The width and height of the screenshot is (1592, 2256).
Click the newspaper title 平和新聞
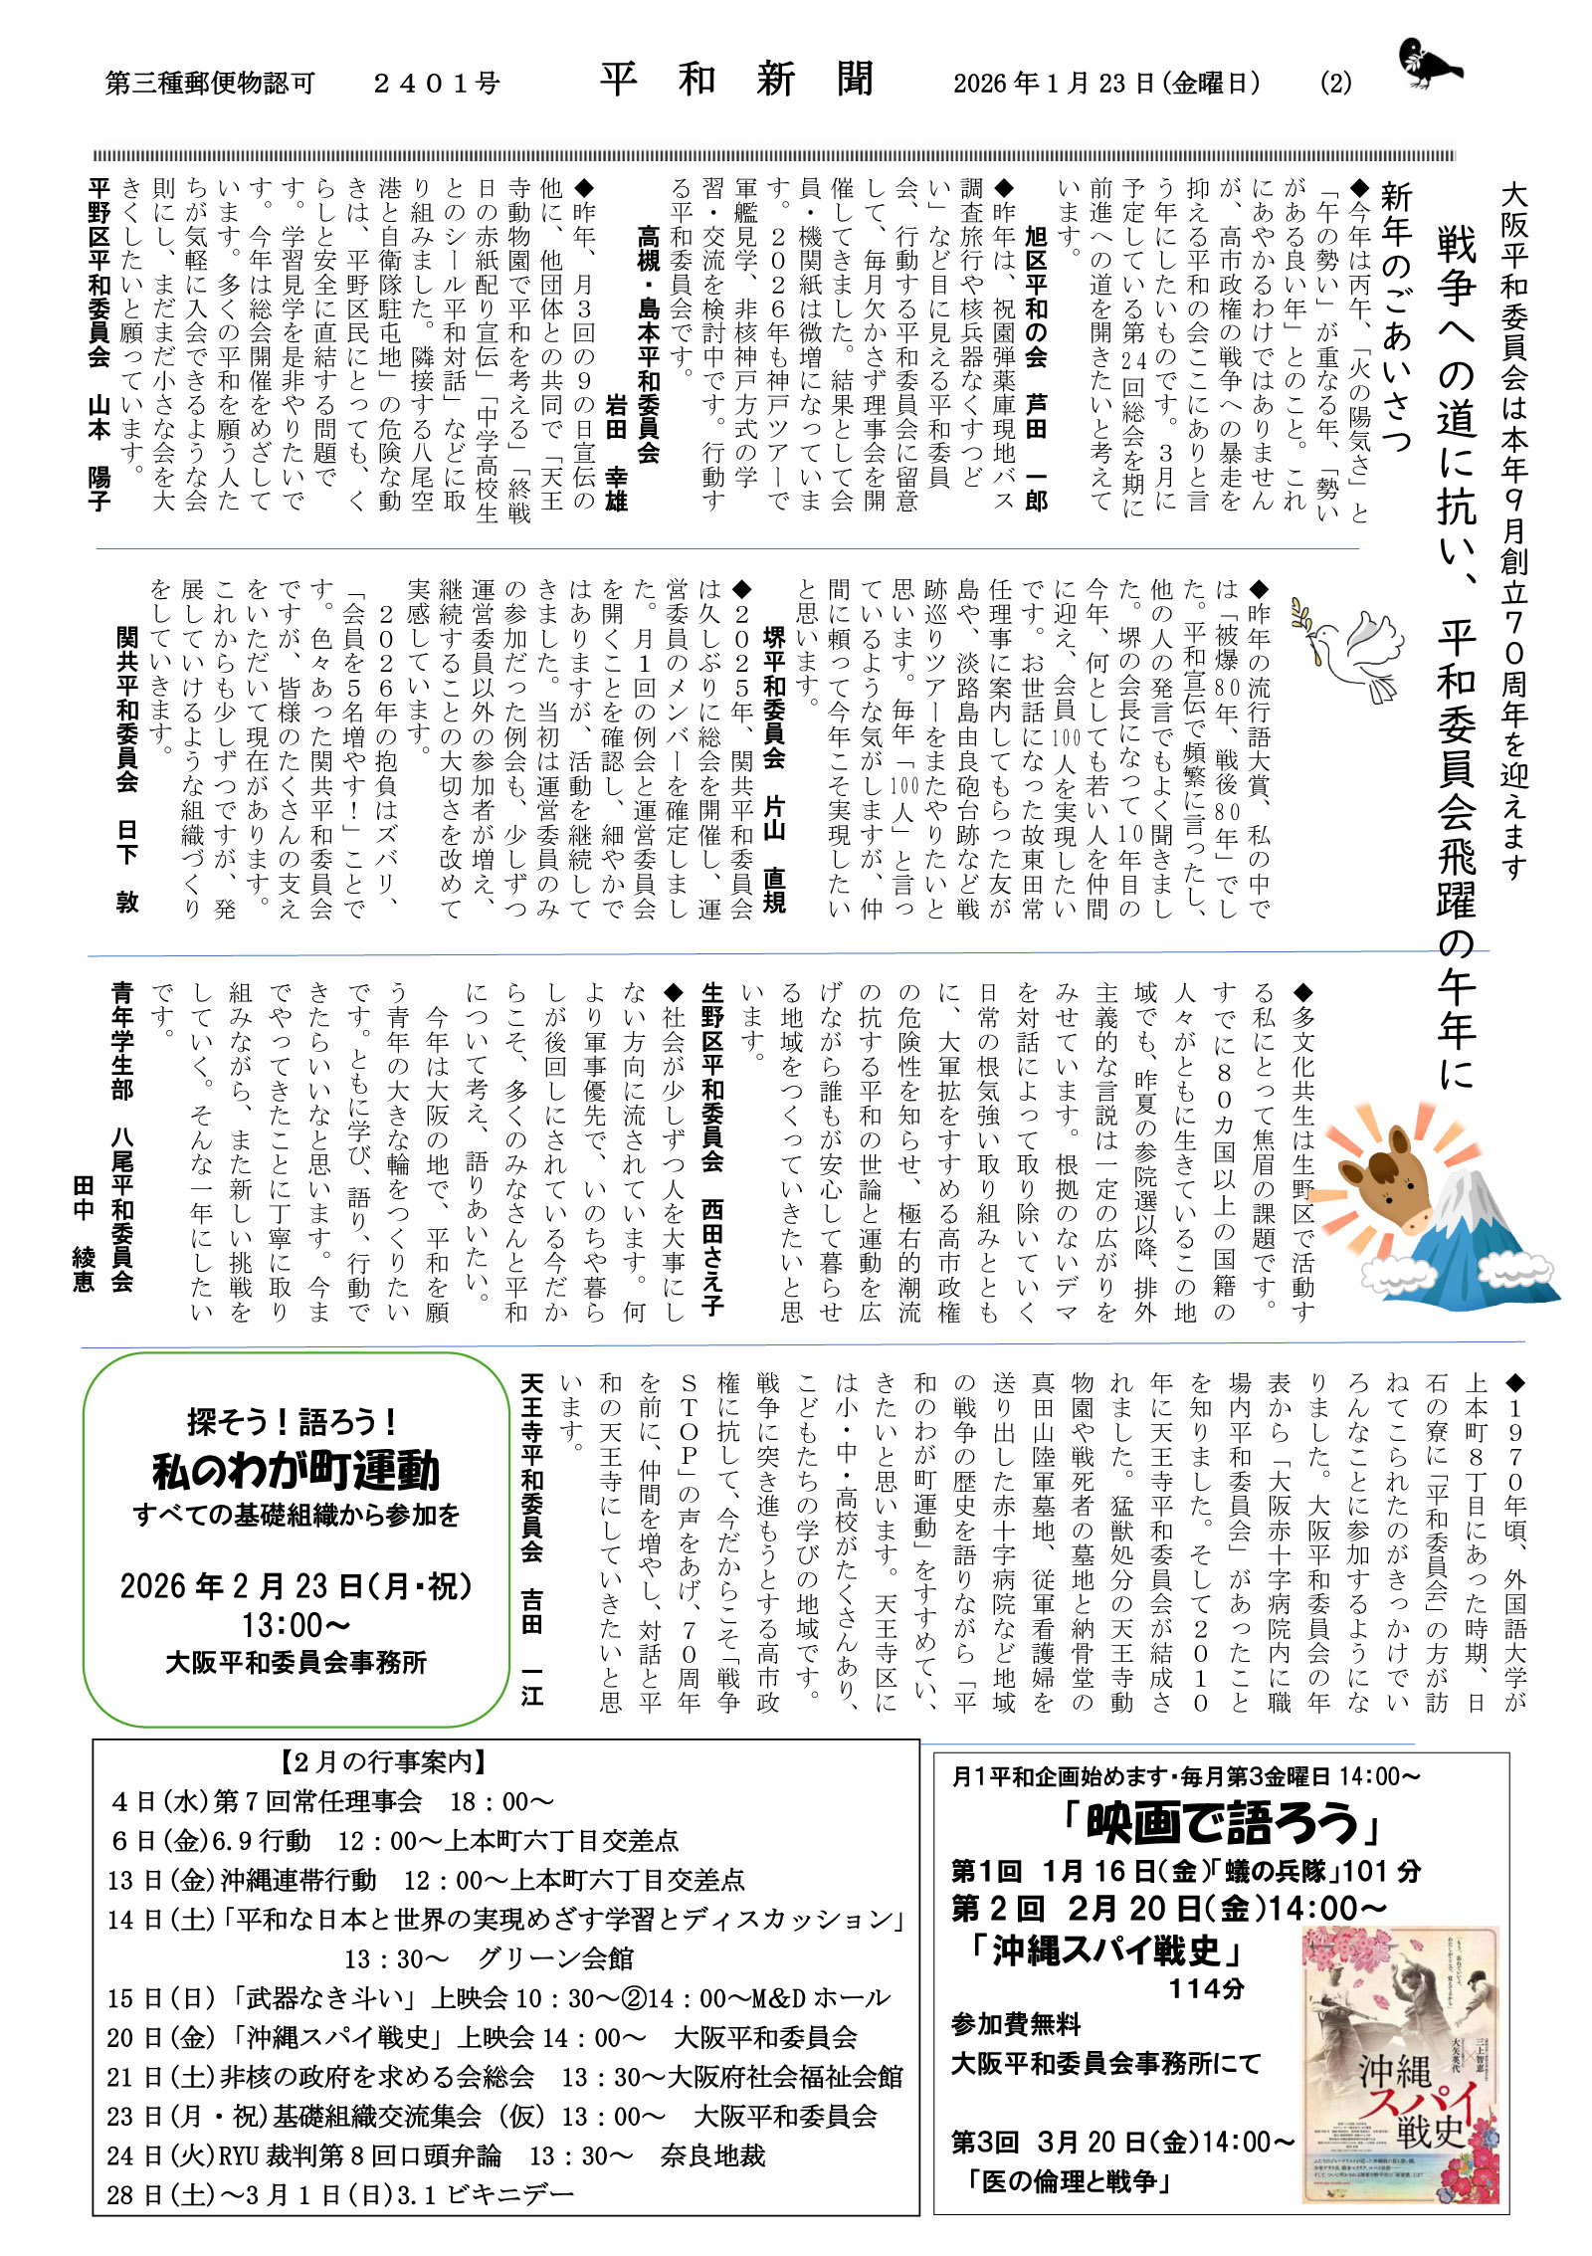pos(737,80)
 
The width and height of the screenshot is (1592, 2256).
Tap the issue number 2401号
pos(436,84)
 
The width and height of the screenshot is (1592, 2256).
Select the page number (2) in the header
pos(1335,83)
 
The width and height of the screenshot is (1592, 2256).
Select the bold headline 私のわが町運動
pos(296,1471)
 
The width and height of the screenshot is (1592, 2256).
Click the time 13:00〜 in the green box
pos(296,1625)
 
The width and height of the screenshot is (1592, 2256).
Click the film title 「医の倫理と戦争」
pos(1069,2182)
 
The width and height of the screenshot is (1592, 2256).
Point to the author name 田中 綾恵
pos(84,1233)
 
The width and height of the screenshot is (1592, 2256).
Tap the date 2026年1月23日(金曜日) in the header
pos(1106,83)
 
